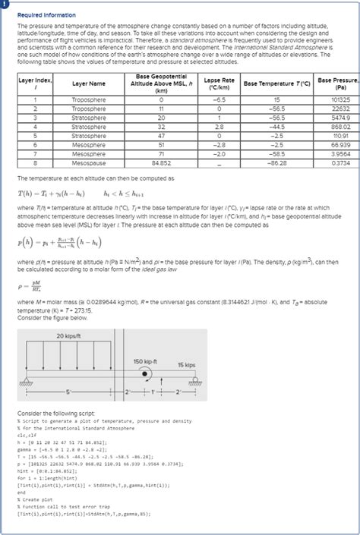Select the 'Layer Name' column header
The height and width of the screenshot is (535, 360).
[88, 83]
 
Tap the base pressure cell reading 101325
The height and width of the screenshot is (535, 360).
[340, 99]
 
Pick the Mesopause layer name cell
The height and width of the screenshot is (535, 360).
[88, 162]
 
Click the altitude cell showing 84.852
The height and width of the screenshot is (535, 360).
[161, 162]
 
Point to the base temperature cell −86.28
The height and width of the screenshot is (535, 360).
[276, 162]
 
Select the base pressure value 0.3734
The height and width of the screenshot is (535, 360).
[340, 162]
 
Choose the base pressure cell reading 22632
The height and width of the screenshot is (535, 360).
[340, 109]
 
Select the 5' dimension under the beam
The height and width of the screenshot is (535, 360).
[68, 391]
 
